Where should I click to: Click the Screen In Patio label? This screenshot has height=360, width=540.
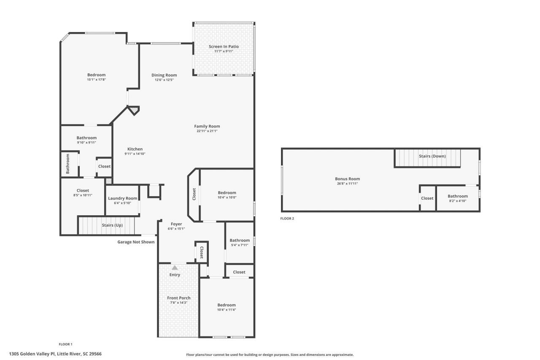pyautogui.click(x=224, y=46)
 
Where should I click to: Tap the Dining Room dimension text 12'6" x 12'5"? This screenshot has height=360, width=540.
pyautogui.click(x=164, y=80)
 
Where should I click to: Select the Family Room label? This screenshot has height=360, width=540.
pyautogui.click(x=207, y=126)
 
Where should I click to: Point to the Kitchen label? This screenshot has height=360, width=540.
pyautogui.click(x=135, y=149)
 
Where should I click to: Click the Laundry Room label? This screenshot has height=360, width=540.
pyautogui.click(x=122, y=198)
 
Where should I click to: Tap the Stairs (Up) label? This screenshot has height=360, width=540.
pyautogui.click(x=112, y=225)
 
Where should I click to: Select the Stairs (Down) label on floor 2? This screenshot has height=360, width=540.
pyautogui.click(x=432, y=156)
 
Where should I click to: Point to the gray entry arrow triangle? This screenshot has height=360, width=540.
pyautogui.click(x=175, y=267)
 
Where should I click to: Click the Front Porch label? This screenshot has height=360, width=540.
pyautogui.click(x=178, y=298)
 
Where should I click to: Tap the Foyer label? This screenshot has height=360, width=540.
pyautogui.click(x=176, y=224)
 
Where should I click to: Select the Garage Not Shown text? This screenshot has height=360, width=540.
pyautogui.click(x=135, y=242)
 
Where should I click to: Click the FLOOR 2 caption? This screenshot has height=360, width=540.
pyautogui.click(x=287, y=219)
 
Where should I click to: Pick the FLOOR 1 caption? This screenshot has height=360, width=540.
pyautogui.click(x=65, y=344)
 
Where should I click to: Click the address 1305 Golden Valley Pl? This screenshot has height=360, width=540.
pyautogui.click(x=55, y=354)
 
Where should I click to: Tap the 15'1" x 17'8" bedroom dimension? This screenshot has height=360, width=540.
pyautogui.click(x=96, y=79)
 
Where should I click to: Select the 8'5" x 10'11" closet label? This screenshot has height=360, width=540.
pyautogui.click(x=82, y=195)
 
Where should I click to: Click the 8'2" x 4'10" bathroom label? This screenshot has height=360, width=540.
pyautogui.click(x=457, y=201)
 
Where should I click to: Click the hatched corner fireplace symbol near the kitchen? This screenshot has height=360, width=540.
pyautogui.click(x=134, y=111)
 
